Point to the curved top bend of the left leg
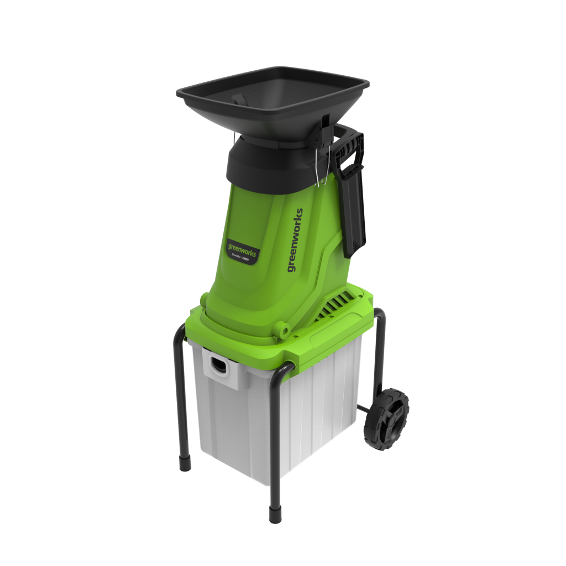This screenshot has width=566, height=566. pyautogui.click(x=183, y=330)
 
